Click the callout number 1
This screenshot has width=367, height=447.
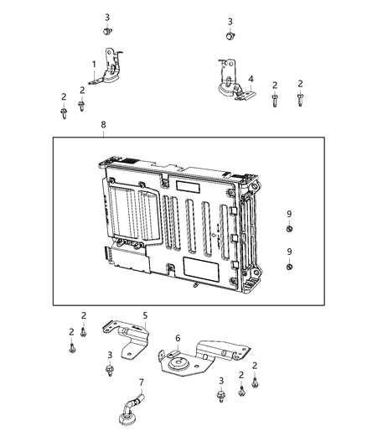94,64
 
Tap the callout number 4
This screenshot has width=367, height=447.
251,79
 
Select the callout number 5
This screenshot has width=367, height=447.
144,316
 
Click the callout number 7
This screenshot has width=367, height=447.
141,382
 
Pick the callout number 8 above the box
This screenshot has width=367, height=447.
103,124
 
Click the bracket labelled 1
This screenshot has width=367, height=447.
109,71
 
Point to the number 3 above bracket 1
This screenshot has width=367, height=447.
107,17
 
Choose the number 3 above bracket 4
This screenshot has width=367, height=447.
230,21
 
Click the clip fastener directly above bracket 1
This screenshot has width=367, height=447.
107,32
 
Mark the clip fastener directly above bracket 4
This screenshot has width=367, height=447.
230,35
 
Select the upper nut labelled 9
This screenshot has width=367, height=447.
289,229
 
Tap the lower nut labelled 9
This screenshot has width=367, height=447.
289,267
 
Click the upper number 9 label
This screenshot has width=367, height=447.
289,214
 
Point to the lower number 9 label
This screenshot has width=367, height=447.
289,252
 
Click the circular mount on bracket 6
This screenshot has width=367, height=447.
178,365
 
